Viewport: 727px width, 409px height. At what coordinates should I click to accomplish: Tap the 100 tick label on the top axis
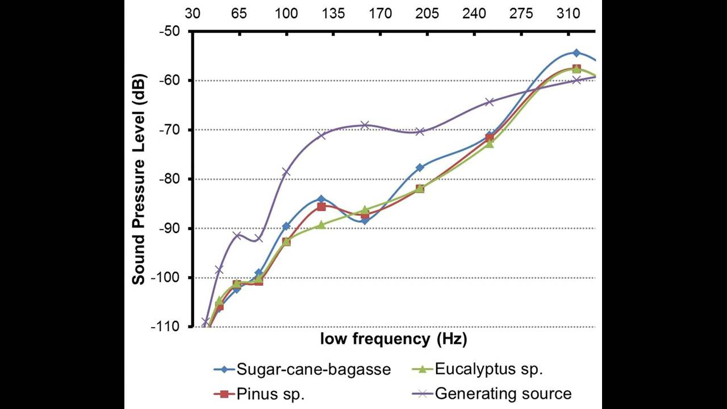(286, 13)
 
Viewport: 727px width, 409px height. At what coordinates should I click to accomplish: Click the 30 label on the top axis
(193, 13)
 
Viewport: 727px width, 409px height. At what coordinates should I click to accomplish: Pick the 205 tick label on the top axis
(427, 13)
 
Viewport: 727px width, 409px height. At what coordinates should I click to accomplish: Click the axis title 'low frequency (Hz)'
(394, 340)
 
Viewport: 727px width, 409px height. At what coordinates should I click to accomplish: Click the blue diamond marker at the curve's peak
(576, 53)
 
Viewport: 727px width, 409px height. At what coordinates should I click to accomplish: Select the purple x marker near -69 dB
(365, 125)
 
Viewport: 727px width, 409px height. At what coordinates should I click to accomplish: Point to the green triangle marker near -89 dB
(321, 225)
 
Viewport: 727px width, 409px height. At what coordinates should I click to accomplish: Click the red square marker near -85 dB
(321, 207)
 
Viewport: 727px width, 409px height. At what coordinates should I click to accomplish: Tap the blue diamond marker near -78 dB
(420, 168)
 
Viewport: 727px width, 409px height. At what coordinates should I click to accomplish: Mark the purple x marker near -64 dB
(490, 102)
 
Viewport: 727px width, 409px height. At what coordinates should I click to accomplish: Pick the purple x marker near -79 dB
(286, 172)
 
